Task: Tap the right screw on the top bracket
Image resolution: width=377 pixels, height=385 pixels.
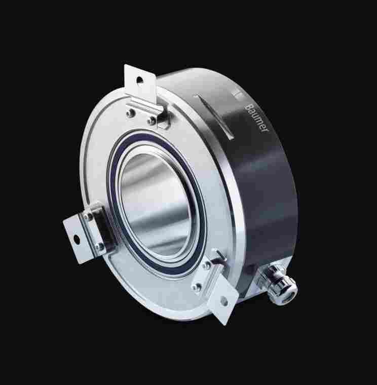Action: coord(152,121)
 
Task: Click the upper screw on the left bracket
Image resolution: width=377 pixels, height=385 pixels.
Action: coord(89,218)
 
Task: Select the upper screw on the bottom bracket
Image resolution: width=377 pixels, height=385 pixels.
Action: coord(207,264)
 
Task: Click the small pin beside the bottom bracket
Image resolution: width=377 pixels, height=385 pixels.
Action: coord(219,255)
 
